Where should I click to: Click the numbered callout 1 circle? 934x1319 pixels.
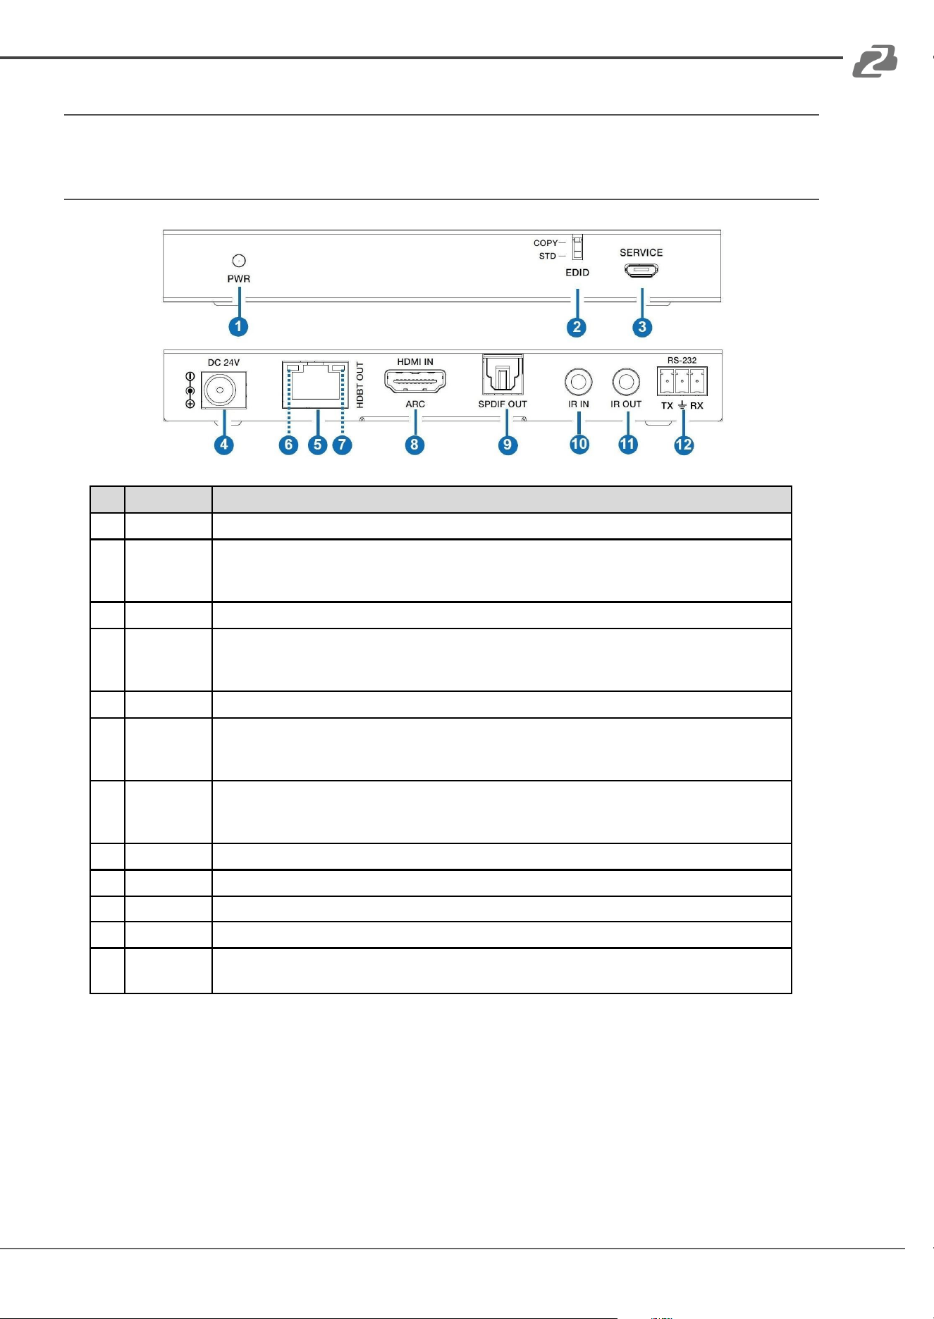tap(238, 326)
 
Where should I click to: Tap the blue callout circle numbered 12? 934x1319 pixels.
tap(684, 445)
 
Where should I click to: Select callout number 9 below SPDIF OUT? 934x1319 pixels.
tap(507, 445)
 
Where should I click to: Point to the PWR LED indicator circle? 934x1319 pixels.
tap(239, 261)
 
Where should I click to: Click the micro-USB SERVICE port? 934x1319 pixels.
tap(641, 270)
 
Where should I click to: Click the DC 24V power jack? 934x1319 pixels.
tap(224, 390)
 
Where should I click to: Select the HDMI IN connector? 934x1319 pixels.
tap(415, 381)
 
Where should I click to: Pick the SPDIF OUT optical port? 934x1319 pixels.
tap(503, 375)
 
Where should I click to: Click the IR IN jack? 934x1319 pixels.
tap(579, 383)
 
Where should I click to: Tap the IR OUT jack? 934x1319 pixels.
tap(626, 383)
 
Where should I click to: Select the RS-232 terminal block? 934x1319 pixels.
tap(682, 381)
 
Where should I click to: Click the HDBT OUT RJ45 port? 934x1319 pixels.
tap(315, 385)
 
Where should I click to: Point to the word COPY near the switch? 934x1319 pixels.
tap(546, 243)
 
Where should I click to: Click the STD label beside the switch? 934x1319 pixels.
tap(548, 256)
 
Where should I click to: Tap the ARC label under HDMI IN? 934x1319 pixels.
tap(415, 404)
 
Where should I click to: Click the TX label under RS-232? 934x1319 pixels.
tap(667, 406)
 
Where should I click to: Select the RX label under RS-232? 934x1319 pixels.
tap(696, 406)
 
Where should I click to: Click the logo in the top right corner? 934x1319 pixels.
tap(875, 61)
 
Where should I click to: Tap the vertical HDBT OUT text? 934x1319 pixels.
tap(360, 385)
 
